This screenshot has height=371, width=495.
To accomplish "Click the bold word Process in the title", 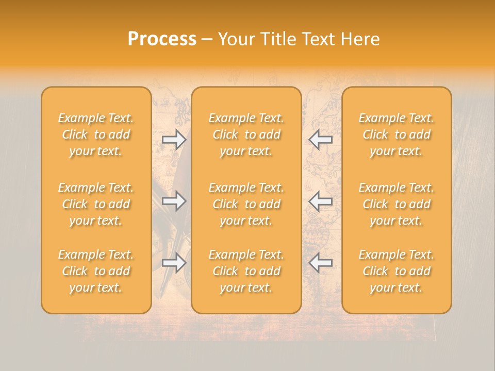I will pyautogui.click(x=162, y=39).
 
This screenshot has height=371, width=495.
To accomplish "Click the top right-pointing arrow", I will pyautogui.click(x=174, y=139).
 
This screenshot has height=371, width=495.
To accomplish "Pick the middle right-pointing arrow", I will pyautogui.click(x=174, y=200).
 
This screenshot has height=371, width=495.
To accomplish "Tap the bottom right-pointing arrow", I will pyautogui.click(x=174, y=263).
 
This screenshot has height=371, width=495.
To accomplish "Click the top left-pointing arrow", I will pyautogui.click(x=320, y=139).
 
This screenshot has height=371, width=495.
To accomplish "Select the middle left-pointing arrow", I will pyautogui.click(x=320, y=200).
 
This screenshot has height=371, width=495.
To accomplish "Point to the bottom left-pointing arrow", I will pyautogui.click(x=320, y=263).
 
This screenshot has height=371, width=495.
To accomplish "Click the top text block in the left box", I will pyautogui.click(x=96, y=134).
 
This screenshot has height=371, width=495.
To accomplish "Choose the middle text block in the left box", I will pyautogui.click(x=96, y=204).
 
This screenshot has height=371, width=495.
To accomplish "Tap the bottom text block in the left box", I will pyautogui.click(x=96, y=271).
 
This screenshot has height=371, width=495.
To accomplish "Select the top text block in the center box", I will pyautogui.click(x=246, y=134).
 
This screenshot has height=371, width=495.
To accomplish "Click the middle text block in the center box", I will pyautogui.click(x=246, y=204).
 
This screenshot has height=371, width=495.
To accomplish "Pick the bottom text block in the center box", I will pyautogui.click(x=246, y=271).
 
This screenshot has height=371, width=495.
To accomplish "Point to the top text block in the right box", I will pyautogui.click(x=397, y=134).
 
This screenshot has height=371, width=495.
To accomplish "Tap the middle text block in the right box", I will pyautogui.click(x=397, y=204).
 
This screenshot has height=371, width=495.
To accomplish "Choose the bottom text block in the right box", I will pyautogui.click(x=397, y=271).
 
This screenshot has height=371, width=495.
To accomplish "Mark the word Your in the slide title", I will pyautogui.click(x=235, y=39).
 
